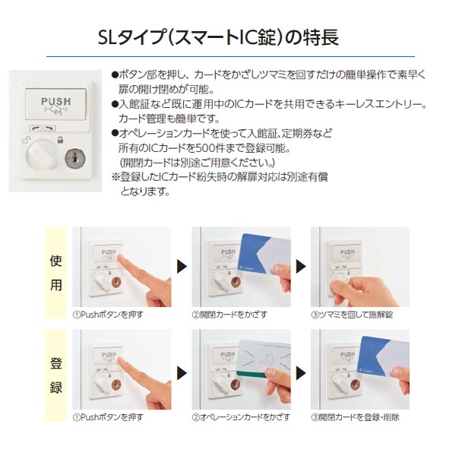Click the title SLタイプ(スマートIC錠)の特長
coord(228,36)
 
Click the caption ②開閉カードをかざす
coord(229,313)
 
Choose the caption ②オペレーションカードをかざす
coord(240,418)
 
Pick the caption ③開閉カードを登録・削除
coord(355,418)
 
